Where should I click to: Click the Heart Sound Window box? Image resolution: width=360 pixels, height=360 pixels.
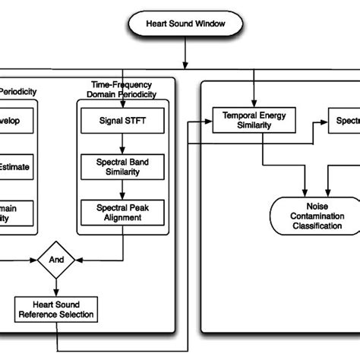coord(186,24)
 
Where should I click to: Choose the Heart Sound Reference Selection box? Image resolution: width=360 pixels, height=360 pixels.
coord(57,309)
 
